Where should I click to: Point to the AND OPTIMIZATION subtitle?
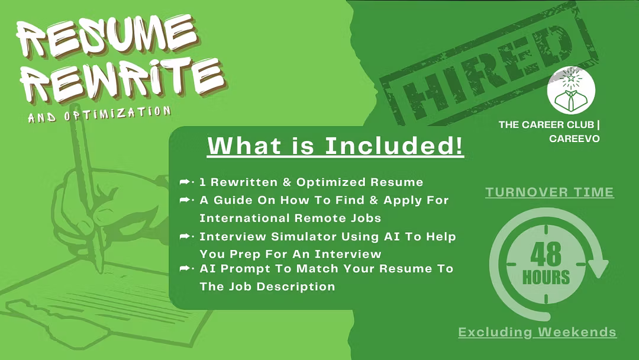coord(99,114)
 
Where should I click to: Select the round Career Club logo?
coord(571,90)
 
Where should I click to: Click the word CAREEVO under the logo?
coord(574,139)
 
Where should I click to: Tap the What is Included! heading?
coord(335,146)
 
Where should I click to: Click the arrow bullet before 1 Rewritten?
coord(186,182)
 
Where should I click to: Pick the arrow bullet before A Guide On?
coord(186,200)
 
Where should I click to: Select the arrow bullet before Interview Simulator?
coord(186,236)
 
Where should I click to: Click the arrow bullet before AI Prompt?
coord(186,268)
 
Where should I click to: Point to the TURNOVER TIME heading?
coord(549,192)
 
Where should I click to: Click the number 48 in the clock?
coord(546,254)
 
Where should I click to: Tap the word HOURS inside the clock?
coord(546,278)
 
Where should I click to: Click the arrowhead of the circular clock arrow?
coord(598,268)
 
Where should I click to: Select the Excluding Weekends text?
coord(537,332)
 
